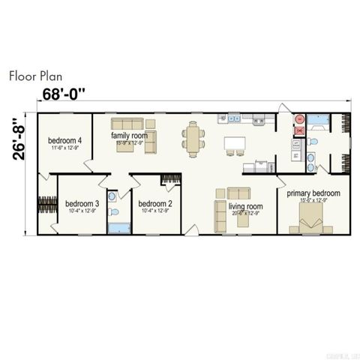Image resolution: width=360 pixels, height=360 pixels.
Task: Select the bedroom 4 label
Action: coord(65,139)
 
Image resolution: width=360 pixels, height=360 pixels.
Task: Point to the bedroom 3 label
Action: coord(82,203)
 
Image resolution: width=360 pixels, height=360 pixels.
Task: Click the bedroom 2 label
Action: coord(155,203)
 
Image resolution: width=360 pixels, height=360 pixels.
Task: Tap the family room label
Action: coord(130,136)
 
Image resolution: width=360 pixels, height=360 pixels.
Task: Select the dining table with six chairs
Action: coord(193,139)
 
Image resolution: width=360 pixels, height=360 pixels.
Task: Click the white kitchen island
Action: coord(235,142)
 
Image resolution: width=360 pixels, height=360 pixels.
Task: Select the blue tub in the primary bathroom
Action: coord(318,118)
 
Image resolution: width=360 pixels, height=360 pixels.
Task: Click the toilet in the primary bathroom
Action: coord(313,141)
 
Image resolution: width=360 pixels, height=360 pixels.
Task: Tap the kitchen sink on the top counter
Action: coord(234,118)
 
